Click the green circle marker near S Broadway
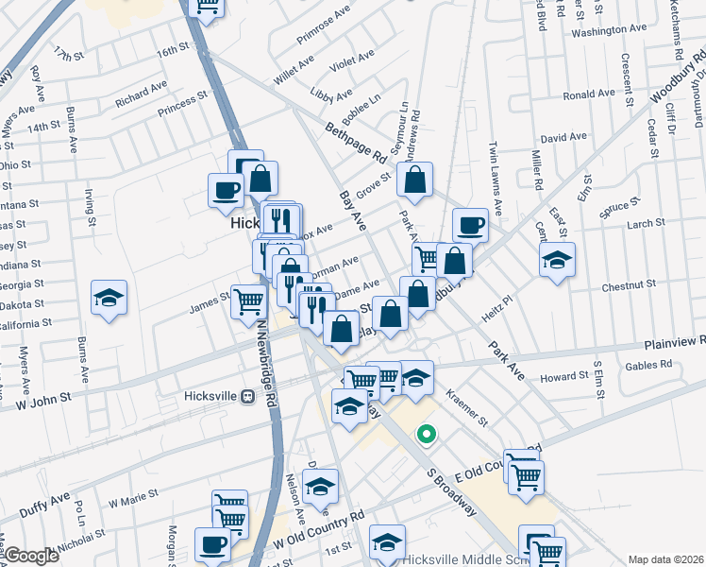pos(427,435)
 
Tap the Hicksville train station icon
pos(248,397)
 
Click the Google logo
pos(30,556)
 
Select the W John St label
pos(44,399)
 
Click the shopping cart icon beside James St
pos(248,301)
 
